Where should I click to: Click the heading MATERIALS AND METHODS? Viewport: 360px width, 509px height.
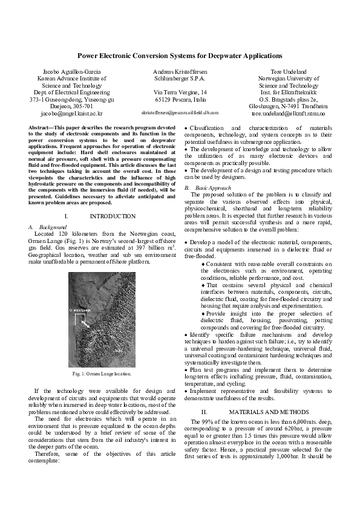264,411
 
